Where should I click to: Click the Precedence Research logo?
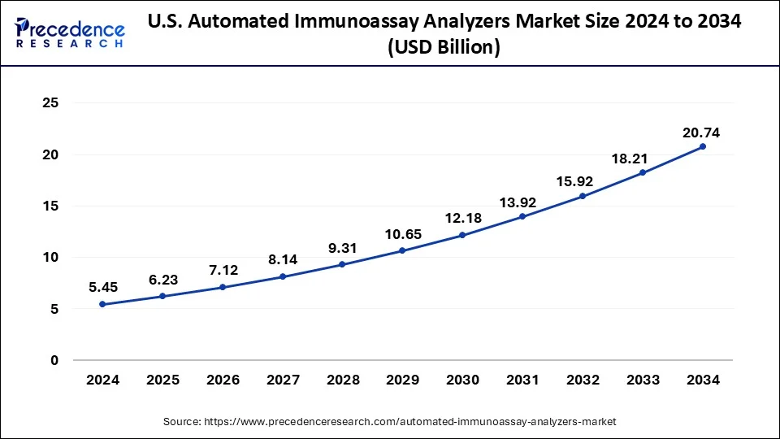click(70, 33)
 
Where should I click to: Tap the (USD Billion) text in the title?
click(444, 48)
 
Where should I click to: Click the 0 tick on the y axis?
click(54, 360)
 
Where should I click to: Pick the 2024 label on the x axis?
click(102, 380)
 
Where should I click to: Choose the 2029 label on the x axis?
click(402, 380)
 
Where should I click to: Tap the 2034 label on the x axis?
click(703, 380)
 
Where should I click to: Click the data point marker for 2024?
click(102, 304)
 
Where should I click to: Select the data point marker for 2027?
click(282, 276)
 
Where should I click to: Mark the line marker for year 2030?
click(462, 235)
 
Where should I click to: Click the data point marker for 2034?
click(703, 146)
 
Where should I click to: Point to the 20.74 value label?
click(702, 133)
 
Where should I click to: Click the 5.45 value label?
click(102, 287)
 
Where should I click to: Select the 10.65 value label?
click(402, 234)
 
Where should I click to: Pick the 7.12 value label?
click(222, 270)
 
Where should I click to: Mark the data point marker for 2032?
click(583, 196)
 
